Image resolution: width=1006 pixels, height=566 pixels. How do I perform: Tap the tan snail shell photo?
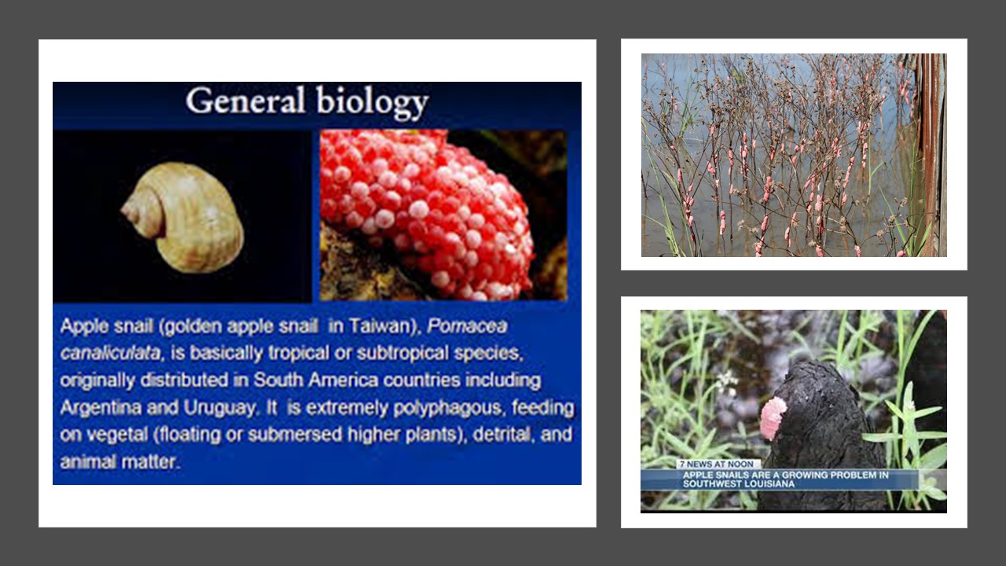[184, 216]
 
